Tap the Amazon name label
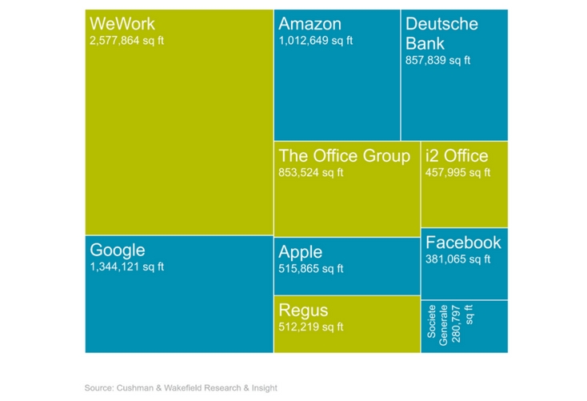pos(309,23)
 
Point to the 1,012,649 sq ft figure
pos(315,40)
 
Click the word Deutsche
pos(441,23)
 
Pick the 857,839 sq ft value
pos(438,60)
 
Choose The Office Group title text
pos(344,155)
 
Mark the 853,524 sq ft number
pos(310,171)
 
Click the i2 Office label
pos(457,155)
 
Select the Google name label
pos(118,249)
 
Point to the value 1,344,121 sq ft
pos(127,267)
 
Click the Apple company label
pos(301,252)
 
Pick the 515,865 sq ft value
pos(310,269)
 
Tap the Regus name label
pos(303,310)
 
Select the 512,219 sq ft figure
pos(310,327)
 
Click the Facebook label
pos(463,242)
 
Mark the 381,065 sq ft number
pos(458,259)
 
